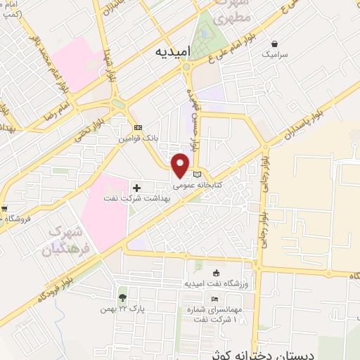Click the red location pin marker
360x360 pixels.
coord(181,165)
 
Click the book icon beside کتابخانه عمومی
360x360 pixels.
coord(198,174)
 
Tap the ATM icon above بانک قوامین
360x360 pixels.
coord(138,128)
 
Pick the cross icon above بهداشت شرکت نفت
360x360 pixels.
coord(136,188)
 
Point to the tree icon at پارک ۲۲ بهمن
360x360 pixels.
coord(122,297)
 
